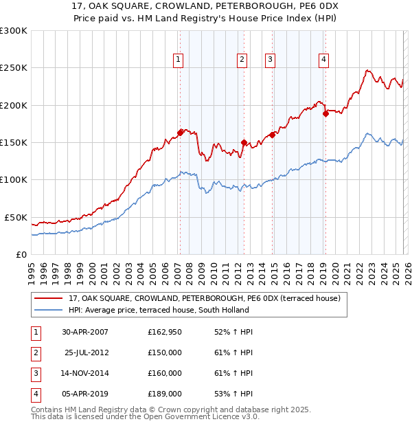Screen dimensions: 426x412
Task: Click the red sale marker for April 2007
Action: point(181,132)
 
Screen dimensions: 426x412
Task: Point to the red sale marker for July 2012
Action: point(244,142)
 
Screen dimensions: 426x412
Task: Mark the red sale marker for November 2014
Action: point(273,135)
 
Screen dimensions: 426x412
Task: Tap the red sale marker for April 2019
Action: point(325,113)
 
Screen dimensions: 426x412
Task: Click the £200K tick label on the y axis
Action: point(14,105)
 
